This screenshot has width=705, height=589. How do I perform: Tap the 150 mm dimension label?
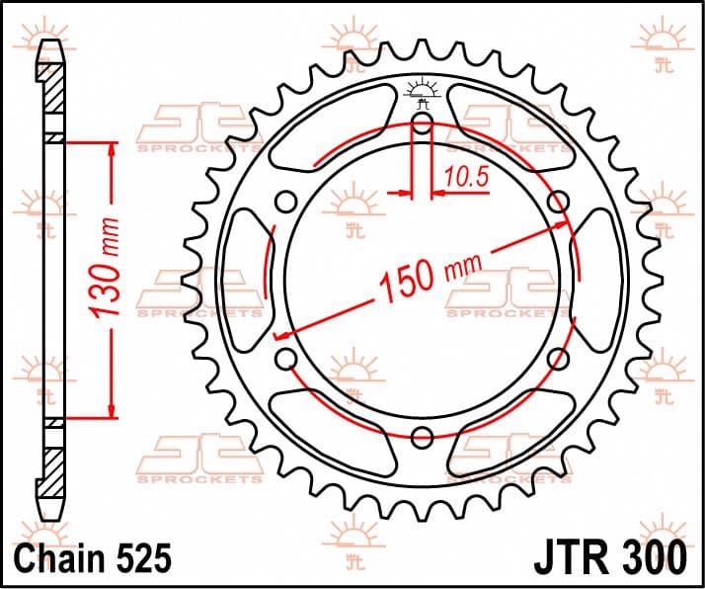click(431, 278)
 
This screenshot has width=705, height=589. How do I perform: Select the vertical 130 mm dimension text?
click(104, 268)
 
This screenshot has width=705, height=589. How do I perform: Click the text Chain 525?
click(93, 558)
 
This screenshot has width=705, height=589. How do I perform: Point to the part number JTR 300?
click(610, 558)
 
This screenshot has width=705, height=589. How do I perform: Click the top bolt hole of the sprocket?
click(422, 123)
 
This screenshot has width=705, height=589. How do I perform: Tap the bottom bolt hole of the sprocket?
click(422, 437)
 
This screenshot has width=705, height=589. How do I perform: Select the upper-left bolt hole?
click(286, 202)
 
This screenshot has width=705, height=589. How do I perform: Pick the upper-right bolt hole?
click(559, 202)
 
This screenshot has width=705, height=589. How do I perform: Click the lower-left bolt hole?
click(286, 359)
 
